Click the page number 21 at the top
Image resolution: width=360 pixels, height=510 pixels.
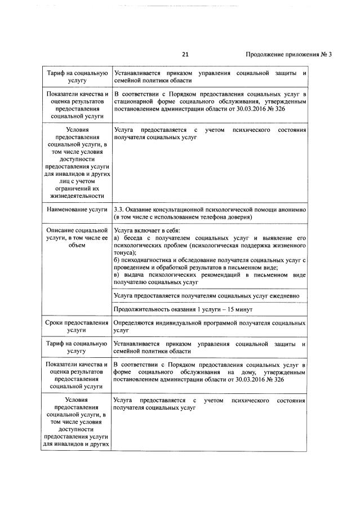click(186, 55)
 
